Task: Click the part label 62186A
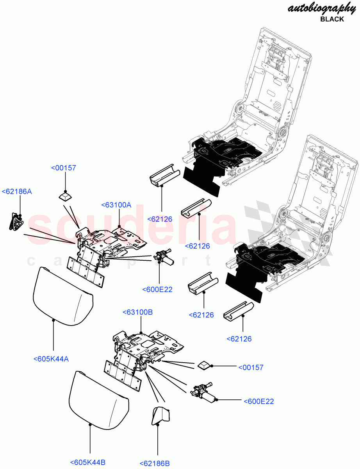click(x=17, y=192)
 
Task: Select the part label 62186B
click(x=155, y=463)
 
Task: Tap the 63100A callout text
click(x=116, y=205)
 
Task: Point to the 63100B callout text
click(x=137, y=312)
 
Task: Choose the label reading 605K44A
click(x=51, y=359)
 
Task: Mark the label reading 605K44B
click(x=88, y=462)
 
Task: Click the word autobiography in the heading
click(x=321, y=8)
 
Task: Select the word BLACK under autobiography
click(x=332, y=19)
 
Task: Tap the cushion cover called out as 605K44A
click(x=62, y=295)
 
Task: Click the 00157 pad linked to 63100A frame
click(x=65, y=196)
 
